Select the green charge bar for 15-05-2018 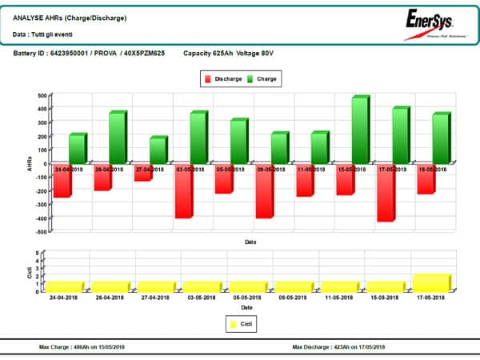358,130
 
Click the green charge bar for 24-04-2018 76,149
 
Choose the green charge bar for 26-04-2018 117,138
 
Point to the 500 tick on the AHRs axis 42,95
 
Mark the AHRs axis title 30,162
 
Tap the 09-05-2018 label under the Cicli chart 292,297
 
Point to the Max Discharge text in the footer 338,346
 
